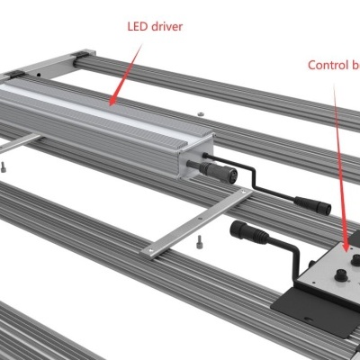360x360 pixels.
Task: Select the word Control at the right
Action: click(x=325, y=65)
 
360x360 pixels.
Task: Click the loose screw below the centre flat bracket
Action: click(x=195, y=239)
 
